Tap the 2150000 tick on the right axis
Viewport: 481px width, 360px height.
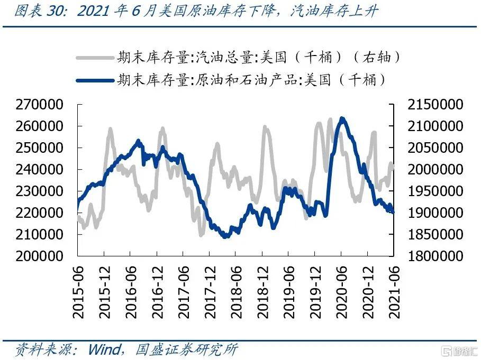(435, 105)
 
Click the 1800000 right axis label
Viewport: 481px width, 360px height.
(435, 256)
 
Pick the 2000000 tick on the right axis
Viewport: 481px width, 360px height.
(435, 170)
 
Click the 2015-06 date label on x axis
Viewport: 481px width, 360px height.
(78, 291)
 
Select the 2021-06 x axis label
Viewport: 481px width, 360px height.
(393, 291)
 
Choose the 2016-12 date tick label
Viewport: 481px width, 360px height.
(157, 291)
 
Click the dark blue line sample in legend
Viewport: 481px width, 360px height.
(95, 80)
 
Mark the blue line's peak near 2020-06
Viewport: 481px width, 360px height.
(342, 118)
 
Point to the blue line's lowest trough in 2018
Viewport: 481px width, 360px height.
(225, 236)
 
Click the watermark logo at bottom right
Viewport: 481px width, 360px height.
(459, 350)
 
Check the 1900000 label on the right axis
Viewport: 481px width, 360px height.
(435, 213)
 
